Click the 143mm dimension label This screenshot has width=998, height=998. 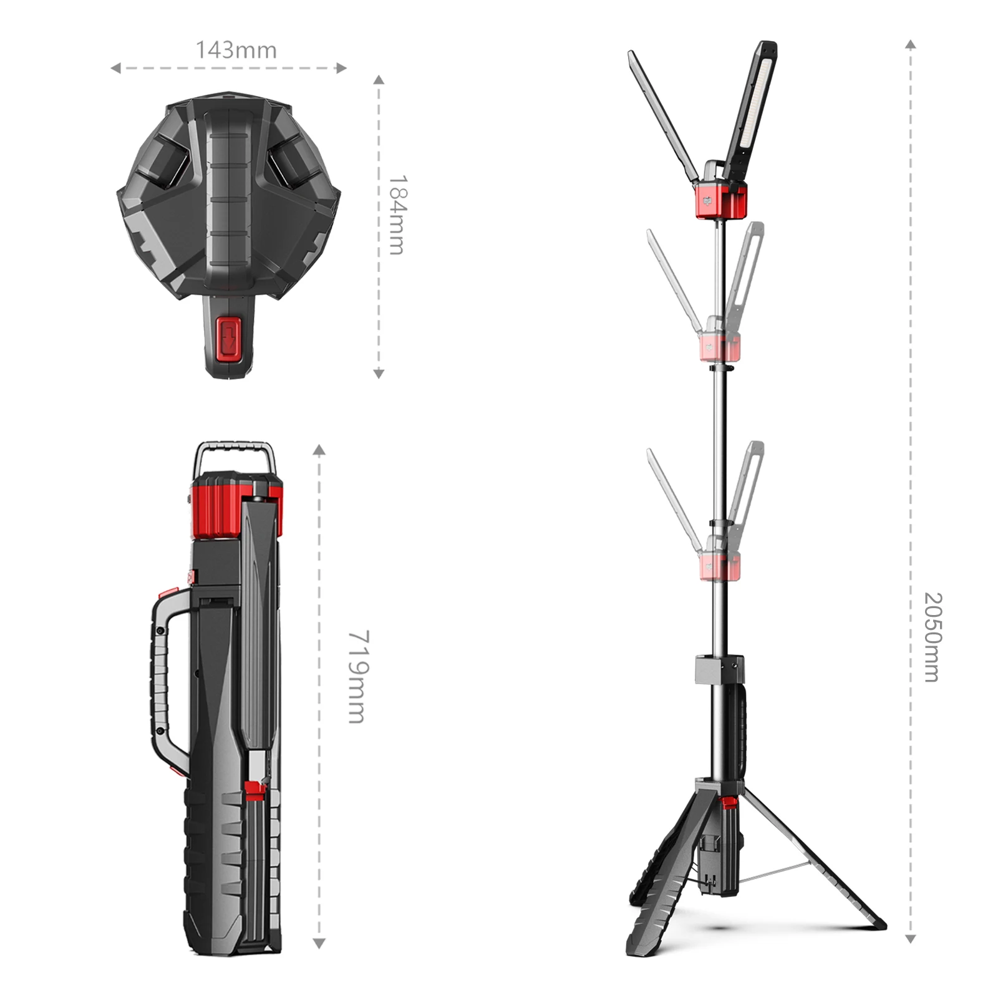coord(236,50)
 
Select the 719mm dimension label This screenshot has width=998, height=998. coord(358,676)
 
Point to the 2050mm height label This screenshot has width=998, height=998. coord(932,637)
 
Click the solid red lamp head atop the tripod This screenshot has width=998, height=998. coord(721,200)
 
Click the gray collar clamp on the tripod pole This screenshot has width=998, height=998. coord(719,669)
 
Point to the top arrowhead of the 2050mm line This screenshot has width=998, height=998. coord(911,44)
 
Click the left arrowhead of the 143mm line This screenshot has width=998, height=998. coord(115,68)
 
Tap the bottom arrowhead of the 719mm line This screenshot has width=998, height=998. coord(319,944)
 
